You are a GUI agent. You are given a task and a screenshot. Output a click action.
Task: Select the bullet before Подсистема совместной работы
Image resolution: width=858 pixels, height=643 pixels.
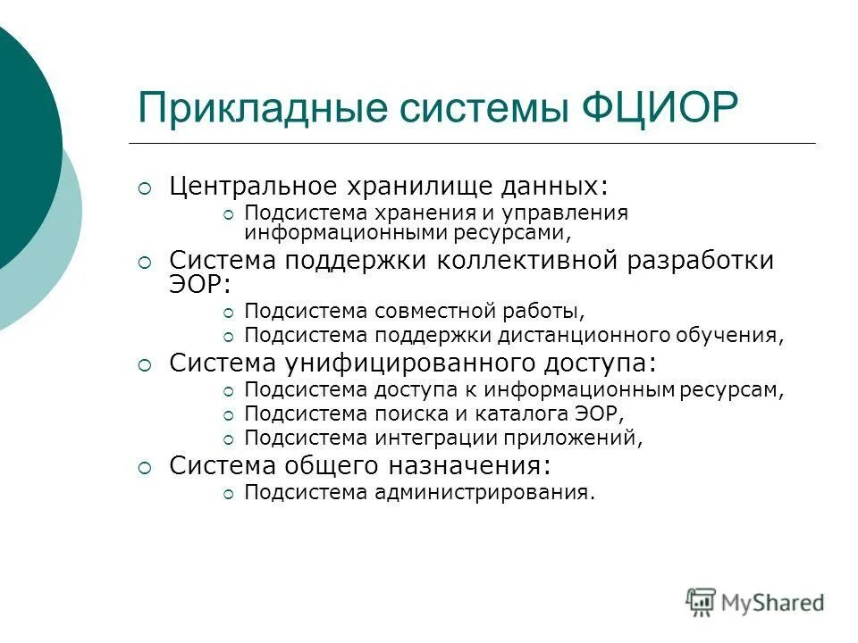(x=228, y=313)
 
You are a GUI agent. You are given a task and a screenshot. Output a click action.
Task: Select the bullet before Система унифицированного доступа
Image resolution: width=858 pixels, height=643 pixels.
(x=145, y=364)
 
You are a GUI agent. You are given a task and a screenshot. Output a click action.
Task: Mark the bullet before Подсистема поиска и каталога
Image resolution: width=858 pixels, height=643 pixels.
(x=228, y=414)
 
